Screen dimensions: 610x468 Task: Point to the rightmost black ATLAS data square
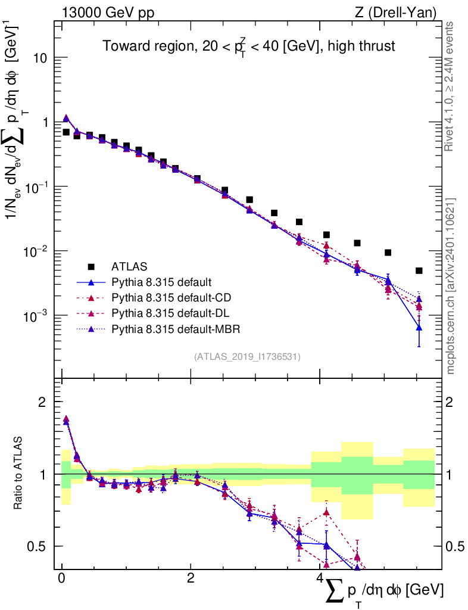click(x=419, y=270)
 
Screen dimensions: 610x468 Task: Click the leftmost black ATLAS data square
click(x=66, y=132)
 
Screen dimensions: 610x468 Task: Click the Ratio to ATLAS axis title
click(x=18, y=474)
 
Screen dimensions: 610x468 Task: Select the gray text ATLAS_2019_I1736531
click(x=247, y=357)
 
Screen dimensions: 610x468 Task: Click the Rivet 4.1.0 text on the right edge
click(x=450, y=86)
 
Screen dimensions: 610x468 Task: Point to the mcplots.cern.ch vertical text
click(x=451, y=286)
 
